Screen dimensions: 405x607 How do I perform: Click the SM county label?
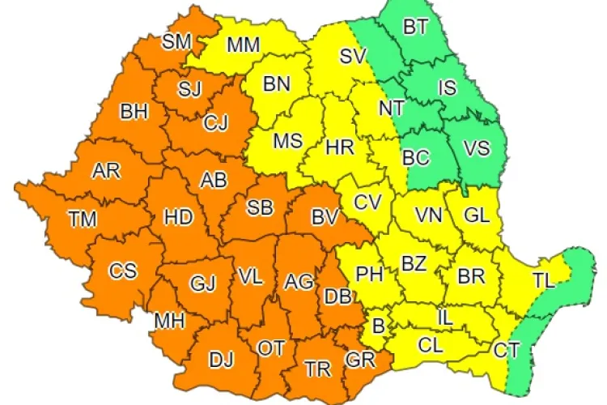click(x=176, y=42)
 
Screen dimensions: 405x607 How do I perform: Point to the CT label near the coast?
click(x=508, y=351)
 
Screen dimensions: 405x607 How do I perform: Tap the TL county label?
click(x=544, y=281)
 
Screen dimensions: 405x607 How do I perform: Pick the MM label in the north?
click(x=243, y=45)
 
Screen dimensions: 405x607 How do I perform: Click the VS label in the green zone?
click(x=476, y=147)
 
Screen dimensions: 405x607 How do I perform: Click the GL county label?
click(x=477, y=215)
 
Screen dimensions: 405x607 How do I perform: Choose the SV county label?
click(x=352, y=57)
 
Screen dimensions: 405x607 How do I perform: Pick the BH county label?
click(x=134, y=112)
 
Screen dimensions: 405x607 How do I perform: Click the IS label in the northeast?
click(x=447, y=87)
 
